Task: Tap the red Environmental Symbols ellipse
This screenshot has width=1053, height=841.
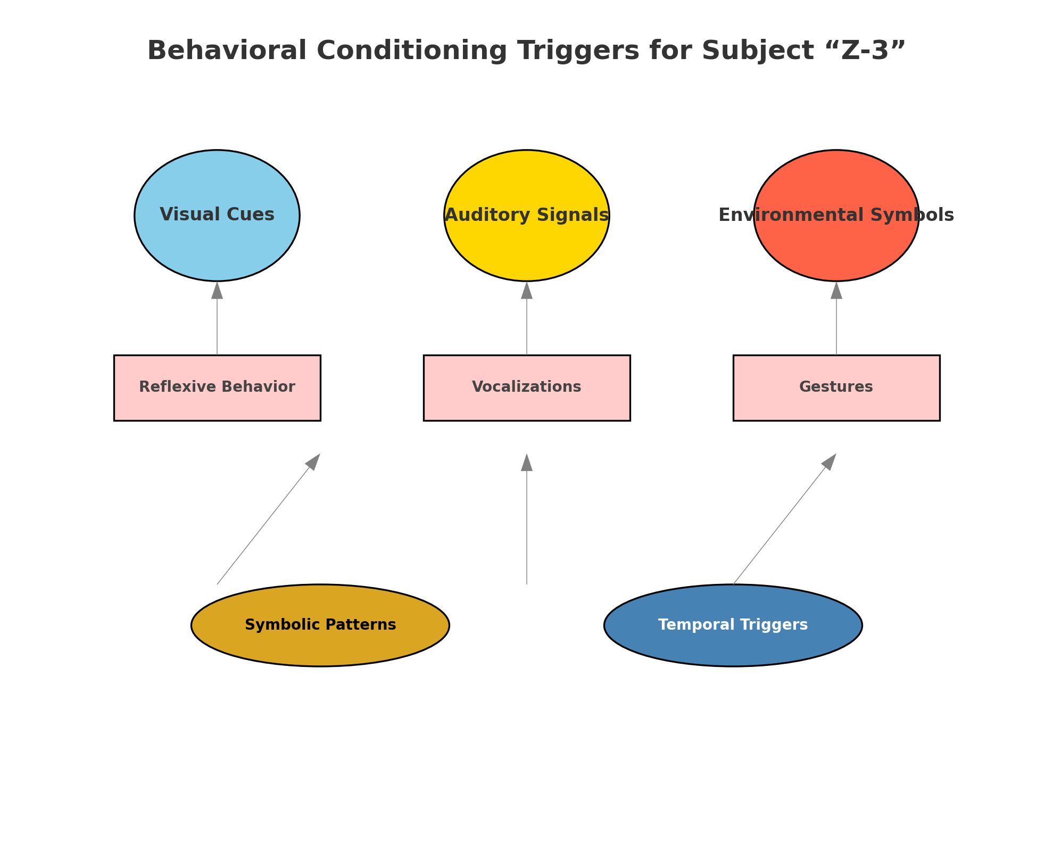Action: tap(836, 245)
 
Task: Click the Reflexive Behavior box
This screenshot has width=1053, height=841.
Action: tap(217, 387)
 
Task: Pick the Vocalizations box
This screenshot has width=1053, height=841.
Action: tap(526, 387)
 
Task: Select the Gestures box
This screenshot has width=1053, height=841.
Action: tap(836, 387)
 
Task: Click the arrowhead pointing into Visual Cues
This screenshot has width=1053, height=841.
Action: tap(217, 291)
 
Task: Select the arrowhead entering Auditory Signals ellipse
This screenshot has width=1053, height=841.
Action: tap(526, 291)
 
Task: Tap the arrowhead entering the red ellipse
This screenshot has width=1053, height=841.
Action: tap(836, 291)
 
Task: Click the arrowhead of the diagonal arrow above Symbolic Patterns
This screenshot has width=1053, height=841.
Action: tap(313, 461)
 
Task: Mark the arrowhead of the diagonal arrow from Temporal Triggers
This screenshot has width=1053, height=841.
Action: tap(830, 461)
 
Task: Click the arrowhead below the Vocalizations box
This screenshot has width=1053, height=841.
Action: tap(526, 463)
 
